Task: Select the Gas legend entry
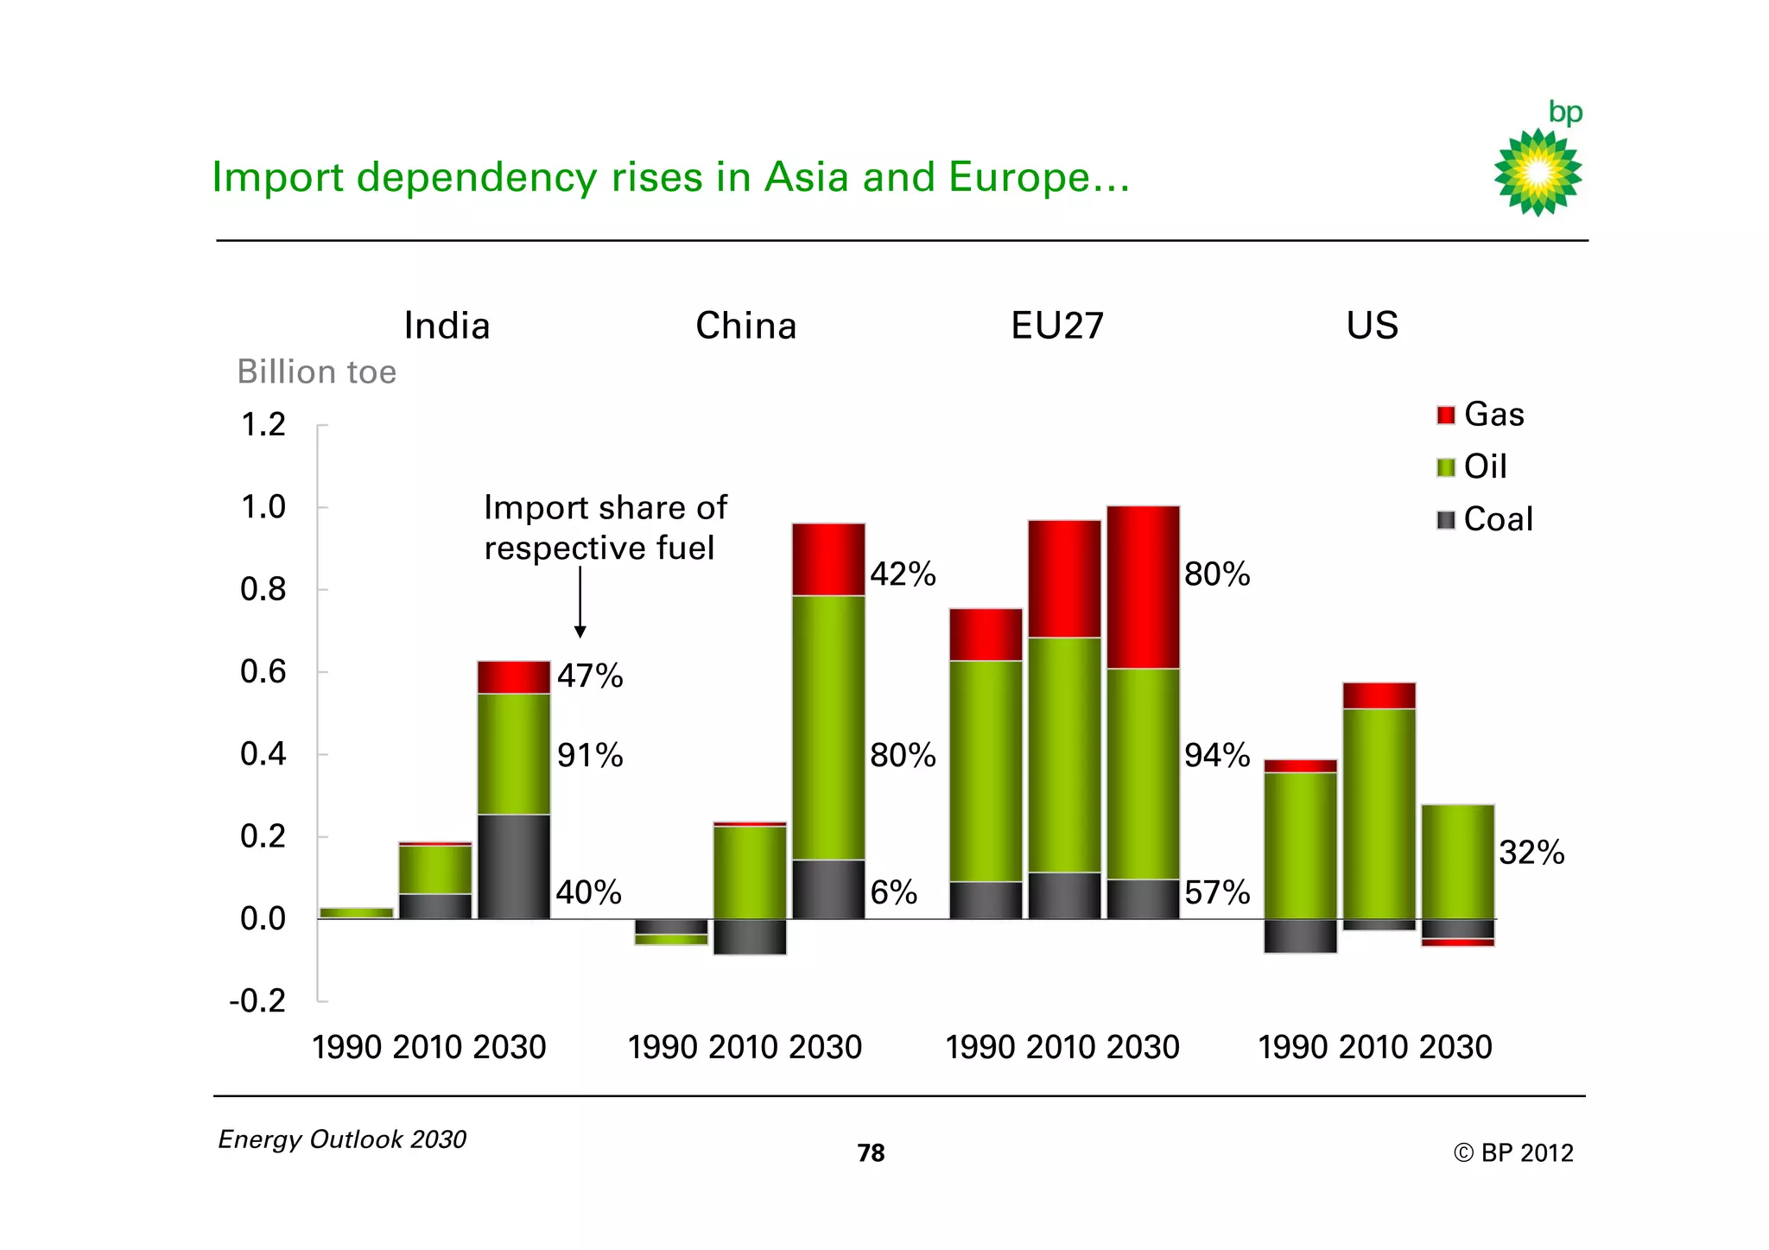click(x=1481, y=415)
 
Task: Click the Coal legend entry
click(x=1484, y=520)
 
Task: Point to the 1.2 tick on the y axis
click(x=263, y=425)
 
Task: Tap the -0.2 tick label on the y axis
click(x=257, y=1001)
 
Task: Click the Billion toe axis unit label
click(x=316, y=372)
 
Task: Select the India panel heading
click(x=447, y=326)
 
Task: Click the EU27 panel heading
click(x=1056, y=326)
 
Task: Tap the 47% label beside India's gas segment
click(x=589, y=676)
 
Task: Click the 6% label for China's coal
click(x=893, y=892)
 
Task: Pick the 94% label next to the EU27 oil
click(x=1216, y=756)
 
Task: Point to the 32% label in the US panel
click(x=1531, y=853)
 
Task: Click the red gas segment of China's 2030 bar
click(x=828, y=559)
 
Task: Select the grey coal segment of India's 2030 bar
click(x=514, y=866)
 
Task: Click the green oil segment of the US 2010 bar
click(x=1379, y=812)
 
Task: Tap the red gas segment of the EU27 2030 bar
click(x=1143, y=587)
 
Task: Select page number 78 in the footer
click(x=871, y=1153)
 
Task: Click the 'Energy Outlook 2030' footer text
click(x=342, y=1139)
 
